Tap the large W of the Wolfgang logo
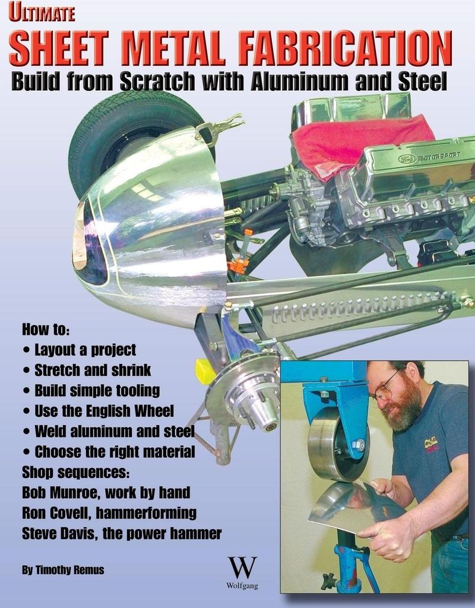coord(242,568)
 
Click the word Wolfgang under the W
coord(242,585)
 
